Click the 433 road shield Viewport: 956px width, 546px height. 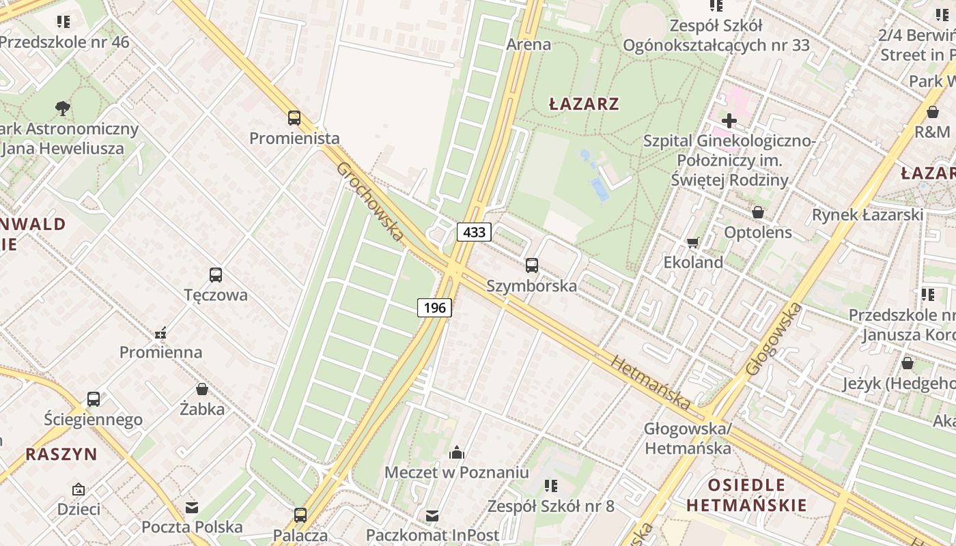coord(474,232)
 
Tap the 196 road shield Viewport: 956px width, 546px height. coord(434,308)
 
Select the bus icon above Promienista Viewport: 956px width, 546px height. coord(294,118)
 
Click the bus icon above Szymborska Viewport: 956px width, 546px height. coord(532,265)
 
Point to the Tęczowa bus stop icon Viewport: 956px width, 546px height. coord(216,275)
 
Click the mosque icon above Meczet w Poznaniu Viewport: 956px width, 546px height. coord(456,452)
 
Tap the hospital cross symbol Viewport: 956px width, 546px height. coord(729,121)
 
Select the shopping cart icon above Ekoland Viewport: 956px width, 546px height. coord(693,242)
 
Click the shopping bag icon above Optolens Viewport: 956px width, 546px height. coord(757,212)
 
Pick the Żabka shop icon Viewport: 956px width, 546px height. coord(202,389)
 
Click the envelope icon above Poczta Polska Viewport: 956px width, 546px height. coord(192,507)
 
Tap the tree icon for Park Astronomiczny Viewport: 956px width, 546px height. coord(63,108)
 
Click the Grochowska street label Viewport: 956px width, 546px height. coord(369,201)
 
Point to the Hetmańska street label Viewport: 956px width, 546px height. coord(652,382)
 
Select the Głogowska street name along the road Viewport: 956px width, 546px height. coord(773,339)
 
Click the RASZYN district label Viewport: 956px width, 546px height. coord(61,454)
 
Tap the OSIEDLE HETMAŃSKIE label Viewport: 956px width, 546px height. coord(746,495)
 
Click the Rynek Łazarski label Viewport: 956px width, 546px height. coord(867,215)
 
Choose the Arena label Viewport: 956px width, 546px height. coord(529,44)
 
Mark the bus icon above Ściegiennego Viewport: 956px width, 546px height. coord(94,399)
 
